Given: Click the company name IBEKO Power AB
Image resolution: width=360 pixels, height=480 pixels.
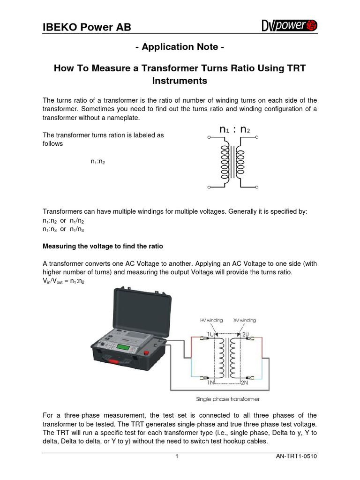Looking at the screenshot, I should [x=87, y=27].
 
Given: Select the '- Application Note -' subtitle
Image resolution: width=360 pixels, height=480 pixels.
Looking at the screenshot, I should [x=180, y=47].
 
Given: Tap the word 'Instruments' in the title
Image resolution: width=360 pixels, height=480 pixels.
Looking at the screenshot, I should [x=180, y=81].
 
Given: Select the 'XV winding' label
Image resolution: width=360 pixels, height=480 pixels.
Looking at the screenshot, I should [x=245, y=320].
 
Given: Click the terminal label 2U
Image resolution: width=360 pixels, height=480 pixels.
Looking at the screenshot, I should [x=246, y=334].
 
